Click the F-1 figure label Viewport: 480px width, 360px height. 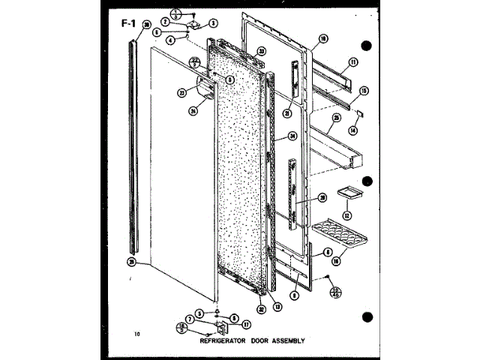tap(128, 22)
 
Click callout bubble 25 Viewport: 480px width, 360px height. tap(337, 119)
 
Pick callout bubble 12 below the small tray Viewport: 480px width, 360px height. tap(347, 216)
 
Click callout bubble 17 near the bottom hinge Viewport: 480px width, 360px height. tap(245, 324)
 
